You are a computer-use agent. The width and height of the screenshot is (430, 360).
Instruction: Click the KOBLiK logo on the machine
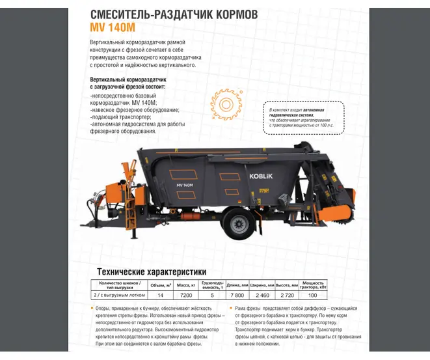tap(263, 175)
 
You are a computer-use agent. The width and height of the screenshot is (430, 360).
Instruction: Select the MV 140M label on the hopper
tap(184, 186)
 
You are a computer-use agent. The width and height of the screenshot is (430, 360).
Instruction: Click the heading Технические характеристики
tap(152, 271)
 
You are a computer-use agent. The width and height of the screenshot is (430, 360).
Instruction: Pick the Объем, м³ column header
tap(161, 285)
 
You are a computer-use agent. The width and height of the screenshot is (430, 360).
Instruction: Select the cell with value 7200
tap(187, 295)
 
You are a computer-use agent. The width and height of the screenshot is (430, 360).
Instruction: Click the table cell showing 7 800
tap(237, 295)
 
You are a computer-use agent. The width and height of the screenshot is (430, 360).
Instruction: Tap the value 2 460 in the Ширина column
tap(262, 295)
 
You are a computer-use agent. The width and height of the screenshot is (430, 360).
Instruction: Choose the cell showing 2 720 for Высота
tap(287, 295)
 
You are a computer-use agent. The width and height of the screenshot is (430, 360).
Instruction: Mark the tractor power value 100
tap(313, 295)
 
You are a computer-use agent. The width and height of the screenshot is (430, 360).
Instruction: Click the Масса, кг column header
tap(187, 285)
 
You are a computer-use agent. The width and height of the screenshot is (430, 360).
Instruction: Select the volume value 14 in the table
tap(161, 295)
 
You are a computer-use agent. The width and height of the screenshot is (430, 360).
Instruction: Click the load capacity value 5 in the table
tap(212, 295)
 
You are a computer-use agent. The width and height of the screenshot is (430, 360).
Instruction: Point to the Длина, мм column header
tap(237, 285)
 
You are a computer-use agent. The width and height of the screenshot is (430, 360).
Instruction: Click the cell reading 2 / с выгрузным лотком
tap(120, 295)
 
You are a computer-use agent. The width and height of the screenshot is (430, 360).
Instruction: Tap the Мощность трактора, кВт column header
tap(313, 285)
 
